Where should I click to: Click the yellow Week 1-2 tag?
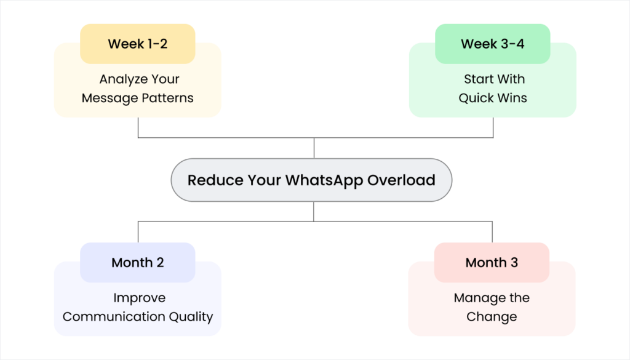[137, 44]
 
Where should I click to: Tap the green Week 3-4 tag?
[492, 44]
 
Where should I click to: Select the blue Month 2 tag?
[137, 263]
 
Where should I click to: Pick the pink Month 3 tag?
[491, 263]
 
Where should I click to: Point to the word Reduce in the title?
[215, 180]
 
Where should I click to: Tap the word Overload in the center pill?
[401, 180]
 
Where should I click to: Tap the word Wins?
[513, 98]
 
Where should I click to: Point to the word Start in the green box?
[477, 79]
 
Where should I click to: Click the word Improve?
[139, 298]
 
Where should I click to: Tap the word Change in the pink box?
[492, 317]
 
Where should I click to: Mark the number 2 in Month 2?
[160, 263]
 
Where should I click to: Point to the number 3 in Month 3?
[514, 263]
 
